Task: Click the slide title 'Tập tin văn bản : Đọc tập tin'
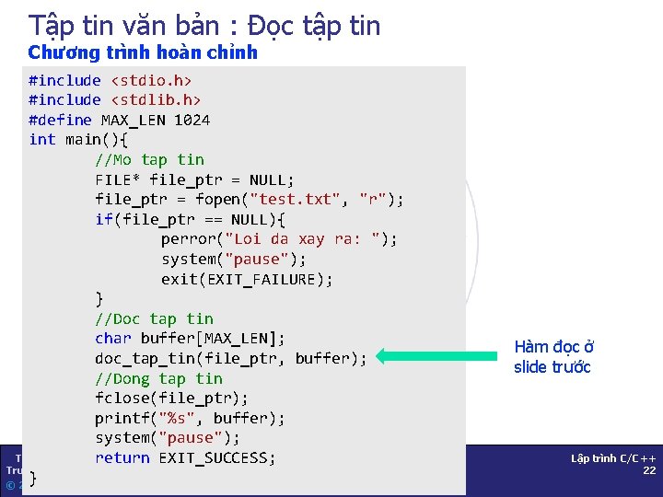coord(204,25)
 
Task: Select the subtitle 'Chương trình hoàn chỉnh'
coord(143,52)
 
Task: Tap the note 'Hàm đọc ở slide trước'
coord(553,357)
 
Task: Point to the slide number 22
coord(648,470)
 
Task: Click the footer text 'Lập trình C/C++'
coord(613,457)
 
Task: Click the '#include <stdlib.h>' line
coord(114,99)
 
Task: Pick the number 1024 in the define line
coord(191,120)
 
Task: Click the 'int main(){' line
coord(78,139)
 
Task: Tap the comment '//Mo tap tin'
coord(149,159)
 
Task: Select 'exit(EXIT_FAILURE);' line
coord(247,279)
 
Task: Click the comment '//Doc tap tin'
coord(154,318)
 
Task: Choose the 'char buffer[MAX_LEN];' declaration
coord(190,338)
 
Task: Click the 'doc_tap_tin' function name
coord(145,358)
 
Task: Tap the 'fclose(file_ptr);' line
coord(171,398)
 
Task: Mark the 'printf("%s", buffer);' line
coord(190,418)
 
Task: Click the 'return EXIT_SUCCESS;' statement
coord(185,457)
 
